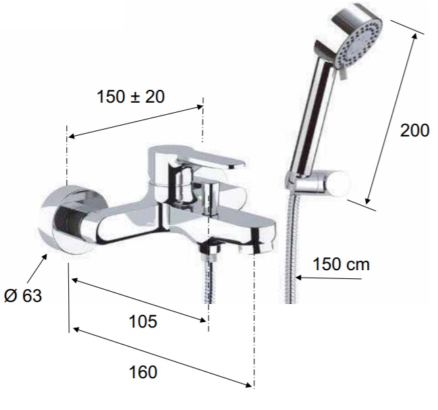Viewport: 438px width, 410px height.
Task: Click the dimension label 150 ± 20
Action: [x=130, y=97]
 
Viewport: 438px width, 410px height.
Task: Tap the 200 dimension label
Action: [x=414, y=130]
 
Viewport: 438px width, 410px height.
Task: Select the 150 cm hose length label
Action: [x=341, y=264]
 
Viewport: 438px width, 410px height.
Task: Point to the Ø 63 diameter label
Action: [x=23, y=295]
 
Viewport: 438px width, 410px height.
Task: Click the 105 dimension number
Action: [x=143, y=321]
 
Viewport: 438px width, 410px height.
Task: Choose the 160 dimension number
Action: [x=143, y=372]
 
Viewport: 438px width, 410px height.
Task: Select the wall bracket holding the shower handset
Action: [x=318, y=183]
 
